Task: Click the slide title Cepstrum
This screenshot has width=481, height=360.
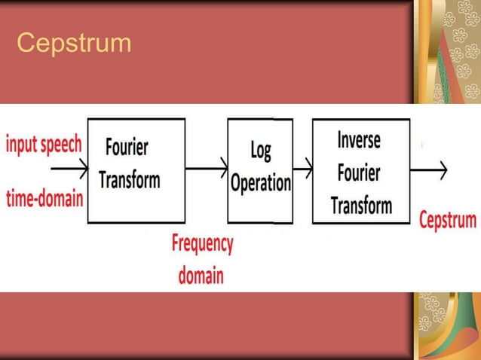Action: coord(74,44)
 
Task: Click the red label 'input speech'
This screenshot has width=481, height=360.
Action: coord(44,145)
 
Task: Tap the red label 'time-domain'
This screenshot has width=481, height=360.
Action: coord(44,199)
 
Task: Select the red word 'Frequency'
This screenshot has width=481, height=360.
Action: coord(201,245)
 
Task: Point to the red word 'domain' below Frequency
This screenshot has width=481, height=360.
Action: coord(201,275)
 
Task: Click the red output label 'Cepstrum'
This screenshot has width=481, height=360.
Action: coord(448,221)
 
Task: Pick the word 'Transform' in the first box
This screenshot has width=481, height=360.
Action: coord(130,181)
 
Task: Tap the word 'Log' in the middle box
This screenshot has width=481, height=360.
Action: coord(260,150)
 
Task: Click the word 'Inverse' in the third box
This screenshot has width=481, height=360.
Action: coord(359,141)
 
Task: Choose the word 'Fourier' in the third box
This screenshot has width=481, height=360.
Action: coord(360,172)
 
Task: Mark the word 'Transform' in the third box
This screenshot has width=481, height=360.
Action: coord(361,205)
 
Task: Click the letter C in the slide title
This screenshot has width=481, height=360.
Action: coord(24,44)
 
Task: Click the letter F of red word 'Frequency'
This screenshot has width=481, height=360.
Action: coord(176,244)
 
